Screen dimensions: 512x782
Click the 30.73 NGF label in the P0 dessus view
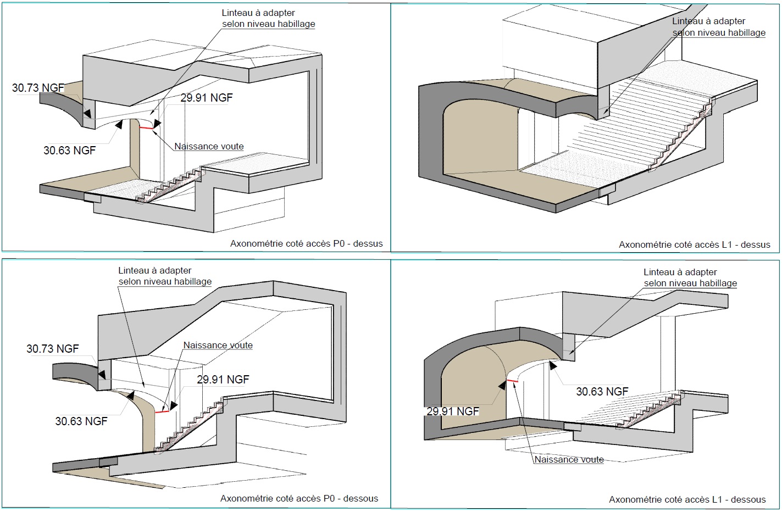coord(38,88)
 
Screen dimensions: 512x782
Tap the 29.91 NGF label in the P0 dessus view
coord(207,98)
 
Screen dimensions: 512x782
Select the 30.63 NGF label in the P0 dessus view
coord(69,151)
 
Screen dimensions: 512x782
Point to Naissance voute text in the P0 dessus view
coord(209,147)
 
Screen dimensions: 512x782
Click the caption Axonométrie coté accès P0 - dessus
coord(306,243)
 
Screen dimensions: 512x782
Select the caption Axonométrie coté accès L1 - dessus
coord(694,244)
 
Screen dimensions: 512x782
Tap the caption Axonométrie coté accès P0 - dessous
coord(299,498)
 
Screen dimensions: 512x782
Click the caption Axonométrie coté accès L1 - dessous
coord(687,499)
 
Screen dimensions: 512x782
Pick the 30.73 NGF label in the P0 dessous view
coord(53,349)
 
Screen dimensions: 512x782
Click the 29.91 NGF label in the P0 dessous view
coord(223,380)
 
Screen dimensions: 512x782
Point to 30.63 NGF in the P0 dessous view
coord(81,421)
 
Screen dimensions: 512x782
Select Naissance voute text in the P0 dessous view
coord(218,346)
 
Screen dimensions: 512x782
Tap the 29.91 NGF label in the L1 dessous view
coord(453,411)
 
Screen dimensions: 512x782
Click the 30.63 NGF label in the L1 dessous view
coord(602,392)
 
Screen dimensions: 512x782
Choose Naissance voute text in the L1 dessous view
coord(569,460)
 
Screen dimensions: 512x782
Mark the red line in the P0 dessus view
coord(146,128)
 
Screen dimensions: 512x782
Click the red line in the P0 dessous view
coord(162,411)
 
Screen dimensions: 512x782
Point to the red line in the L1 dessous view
coord(512,380)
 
